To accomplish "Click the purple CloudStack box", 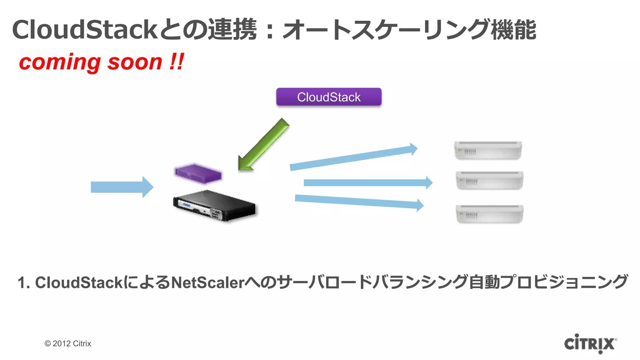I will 329,97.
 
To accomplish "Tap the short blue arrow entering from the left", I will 122,187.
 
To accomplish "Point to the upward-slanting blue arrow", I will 353,158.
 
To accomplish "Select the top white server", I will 488,151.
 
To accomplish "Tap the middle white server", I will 489,180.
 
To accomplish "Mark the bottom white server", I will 489,214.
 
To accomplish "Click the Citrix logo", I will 590,344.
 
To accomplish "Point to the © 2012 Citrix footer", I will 68,343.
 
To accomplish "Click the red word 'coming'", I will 59,62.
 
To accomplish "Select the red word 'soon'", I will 135,62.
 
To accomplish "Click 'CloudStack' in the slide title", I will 84,30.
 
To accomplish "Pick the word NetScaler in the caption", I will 208,282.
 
